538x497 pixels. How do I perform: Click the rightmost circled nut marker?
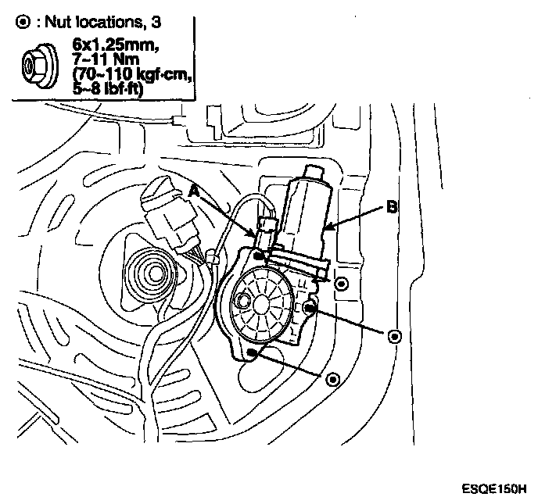click(x=395, y=335)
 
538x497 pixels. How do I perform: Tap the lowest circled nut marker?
click(x=334, y=379)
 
